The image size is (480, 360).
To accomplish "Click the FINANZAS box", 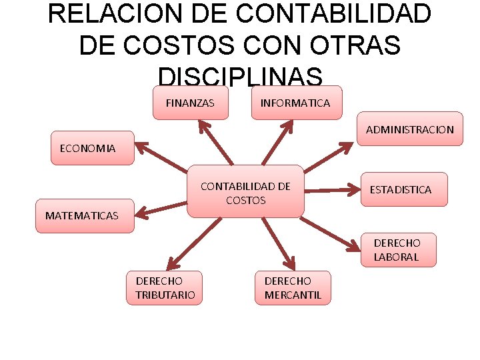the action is pyautogui.click(x=191, y=103).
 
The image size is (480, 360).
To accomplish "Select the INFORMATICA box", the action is pyautogui.click(x=295, y=103).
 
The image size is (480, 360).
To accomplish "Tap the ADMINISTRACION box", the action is pyautogui.click(x=409, y=129).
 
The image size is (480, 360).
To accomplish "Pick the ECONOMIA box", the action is pyautogui.click(x=87, y=148).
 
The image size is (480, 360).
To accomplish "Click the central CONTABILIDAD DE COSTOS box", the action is pyautogui.click(x=245, y=192).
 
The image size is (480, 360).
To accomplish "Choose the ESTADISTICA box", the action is pyautogui.click(x=400, y=189).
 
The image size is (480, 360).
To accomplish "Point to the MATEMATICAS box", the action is pyautogui.click(x=83, y=215).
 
